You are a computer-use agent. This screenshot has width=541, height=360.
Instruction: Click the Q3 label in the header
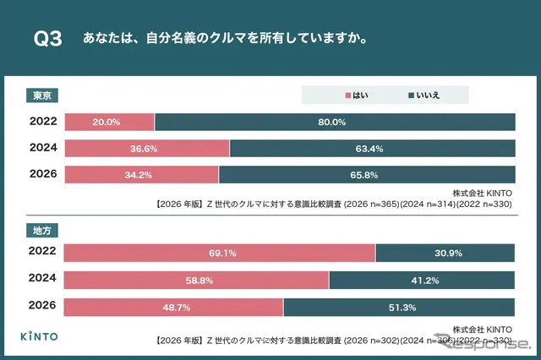47,39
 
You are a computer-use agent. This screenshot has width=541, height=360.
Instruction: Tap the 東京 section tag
40,95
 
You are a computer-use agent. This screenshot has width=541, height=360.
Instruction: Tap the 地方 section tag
40,229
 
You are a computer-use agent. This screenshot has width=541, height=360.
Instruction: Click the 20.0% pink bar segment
109,123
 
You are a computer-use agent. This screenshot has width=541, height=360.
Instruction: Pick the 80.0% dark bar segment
333,123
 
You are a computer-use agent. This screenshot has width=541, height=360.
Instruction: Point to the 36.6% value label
146,149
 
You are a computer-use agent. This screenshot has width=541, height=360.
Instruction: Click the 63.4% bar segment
371,149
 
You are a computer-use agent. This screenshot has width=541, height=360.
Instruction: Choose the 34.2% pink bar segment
141,175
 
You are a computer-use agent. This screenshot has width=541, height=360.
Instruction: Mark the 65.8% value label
365,175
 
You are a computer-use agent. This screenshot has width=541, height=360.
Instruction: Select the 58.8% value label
196,280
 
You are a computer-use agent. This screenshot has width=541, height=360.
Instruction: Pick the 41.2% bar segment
420,280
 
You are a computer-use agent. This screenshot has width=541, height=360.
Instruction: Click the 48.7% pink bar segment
173,306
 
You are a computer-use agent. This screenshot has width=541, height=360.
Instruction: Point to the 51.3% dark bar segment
398,306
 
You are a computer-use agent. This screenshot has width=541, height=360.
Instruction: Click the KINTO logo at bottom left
40,335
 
